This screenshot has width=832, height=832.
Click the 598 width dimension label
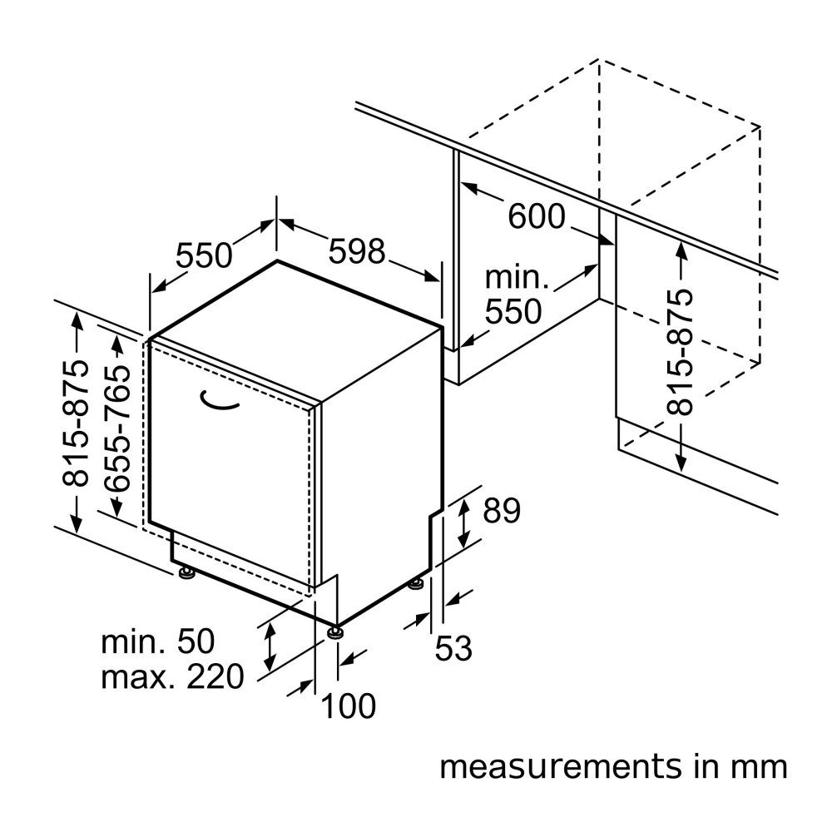(x=357, y=251)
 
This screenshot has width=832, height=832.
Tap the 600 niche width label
(x=537, y=216)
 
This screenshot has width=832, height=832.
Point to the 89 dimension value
(x=502, y=511)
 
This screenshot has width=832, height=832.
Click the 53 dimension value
(x=453, y=648)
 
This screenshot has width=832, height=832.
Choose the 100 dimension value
(x=349, y=706)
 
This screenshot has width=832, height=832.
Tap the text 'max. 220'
(x=172, y=676)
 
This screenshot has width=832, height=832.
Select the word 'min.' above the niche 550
(x=517, y=278)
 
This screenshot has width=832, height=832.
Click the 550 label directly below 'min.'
(x=513, y=311)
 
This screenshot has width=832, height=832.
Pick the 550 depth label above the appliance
(x=204, y=255)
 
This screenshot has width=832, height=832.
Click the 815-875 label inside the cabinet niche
(x=680, y=352)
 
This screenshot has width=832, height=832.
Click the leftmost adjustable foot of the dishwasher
(x=186, y=572)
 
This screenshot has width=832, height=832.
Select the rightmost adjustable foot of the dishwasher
(x=415, y=584)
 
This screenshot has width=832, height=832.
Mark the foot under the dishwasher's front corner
(x=334, y=632)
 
